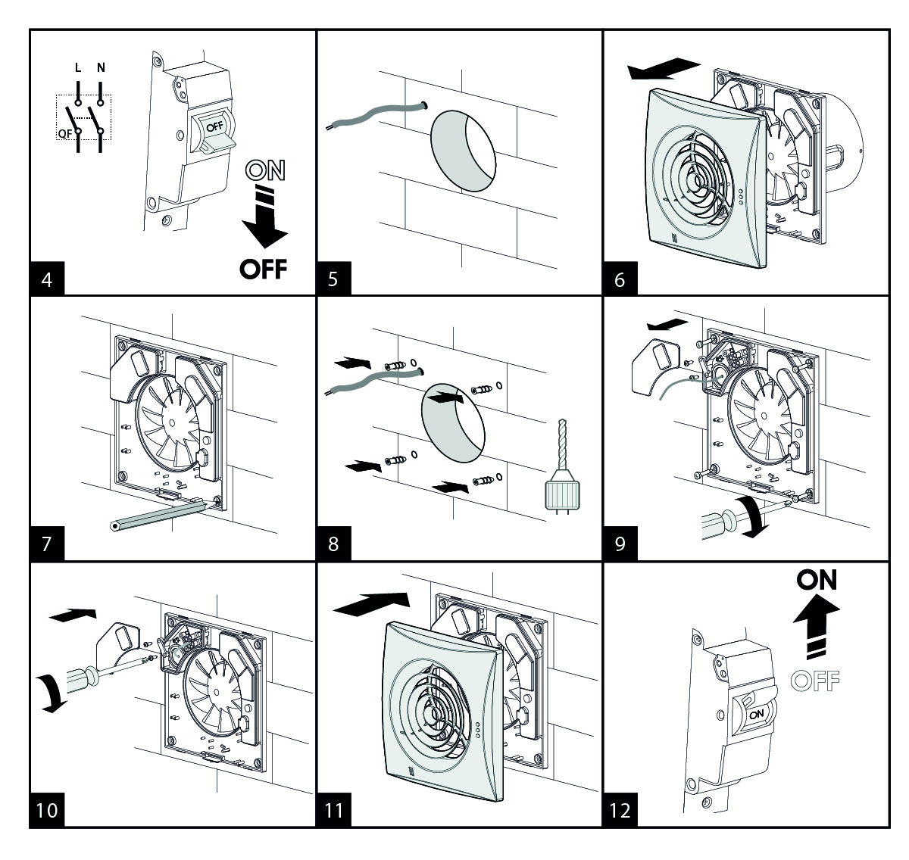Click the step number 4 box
click(47, 279)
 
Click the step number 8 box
click(333, 544)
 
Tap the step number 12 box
click(620, 810)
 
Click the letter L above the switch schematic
click(78, 68)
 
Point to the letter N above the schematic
click(101, 68)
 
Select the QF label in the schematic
click(64, 133)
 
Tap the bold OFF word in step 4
click(263, 269)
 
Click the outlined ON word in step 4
click(265, 170)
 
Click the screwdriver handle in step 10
click(83, 678)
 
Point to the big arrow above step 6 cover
click(664, 68)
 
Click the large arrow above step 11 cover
click(371, 603)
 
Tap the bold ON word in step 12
click(817, 580)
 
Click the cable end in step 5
click(423, 105)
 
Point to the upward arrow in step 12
click(817, 626)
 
